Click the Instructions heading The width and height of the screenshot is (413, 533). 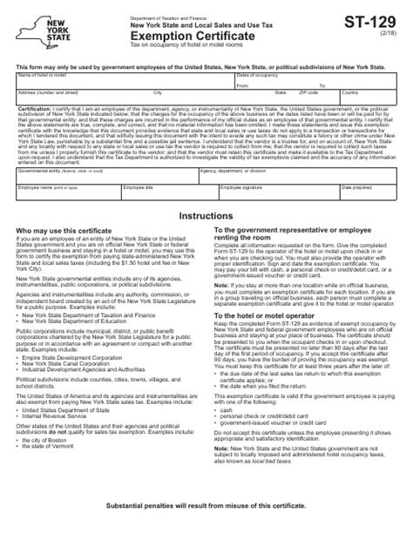[206, 239]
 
